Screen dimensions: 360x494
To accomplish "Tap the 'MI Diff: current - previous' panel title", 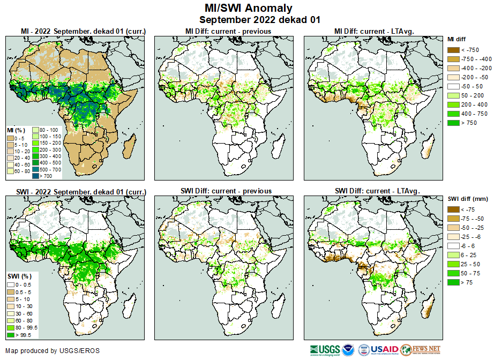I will [224, 31].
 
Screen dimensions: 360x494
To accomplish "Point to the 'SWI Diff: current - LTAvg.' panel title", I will [376, 191].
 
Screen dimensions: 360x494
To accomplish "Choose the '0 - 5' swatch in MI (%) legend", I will [11, 138].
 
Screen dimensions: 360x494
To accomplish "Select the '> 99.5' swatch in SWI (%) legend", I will [11, 335].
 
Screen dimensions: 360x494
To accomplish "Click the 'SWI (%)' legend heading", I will [18, 275].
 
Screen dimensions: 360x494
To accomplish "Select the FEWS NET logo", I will [421, 350].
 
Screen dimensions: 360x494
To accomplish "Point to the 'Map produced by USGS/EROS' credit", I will [53, 351].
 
